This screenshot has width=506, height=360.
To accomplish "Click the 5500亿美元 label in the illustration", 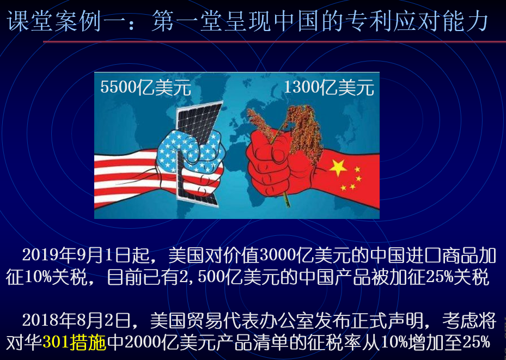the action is pyautogui.click(x=145, y=88).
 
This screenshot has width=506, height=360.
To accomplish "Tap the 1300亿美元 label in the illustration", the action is pyautogui.click(x=329, y=88).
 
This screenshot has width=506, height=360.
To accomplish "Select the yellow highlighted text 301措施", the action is pyautogui.click(x=74, y=343).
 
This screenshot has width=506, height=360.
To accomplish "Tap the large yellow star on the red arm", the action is pyautogui.click(x=338, y=167).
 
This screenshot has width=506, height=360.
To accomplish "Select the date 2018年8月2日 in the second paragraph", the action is pyautogui.click(x=77, y=320).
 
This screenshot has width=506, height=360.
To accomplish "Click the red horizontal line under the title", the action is pyautogui.click(x=275, y=42).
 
